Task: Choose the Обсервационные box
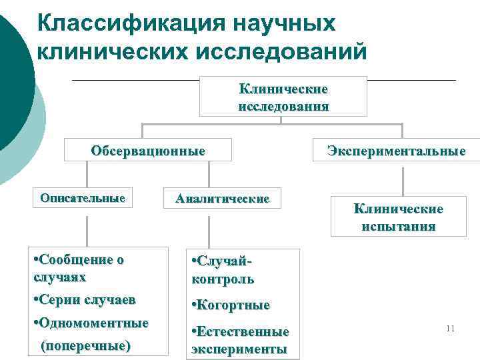[x=148, y=150]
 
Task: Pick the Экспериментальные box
[x=396, y=151]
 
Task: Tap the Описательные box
[x=83, y=198]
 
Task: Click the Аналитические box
[x=222, y=199]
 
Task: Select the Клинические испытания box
[x=398, y=217]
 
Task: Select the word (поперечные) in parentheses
[x=85, y=346]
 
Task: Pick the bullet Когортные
[x=231, y=305]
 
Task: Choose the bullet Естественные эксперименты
[x=240, y=340]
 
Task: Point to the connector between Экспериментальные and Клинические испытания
[x=405, y=179]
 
